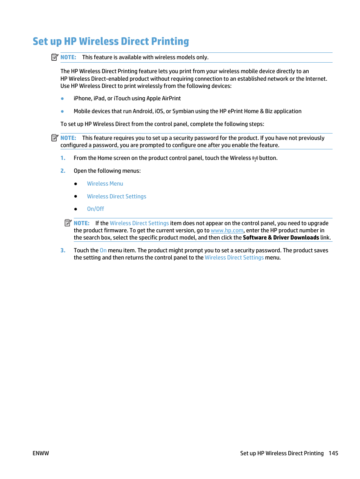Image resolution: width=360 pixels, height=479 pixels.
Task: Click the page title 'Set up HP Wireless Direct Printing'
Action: (x=111, y=41)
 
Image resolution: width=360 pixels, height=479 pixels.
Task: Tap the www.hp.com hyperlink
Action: (x=227, y=230)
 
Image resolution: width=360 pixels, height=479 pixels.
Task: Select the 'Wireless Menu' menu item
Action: (x=105, y=184)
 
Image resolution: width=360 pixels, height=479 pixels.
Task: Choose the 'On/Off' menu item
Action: (x=95, y=209)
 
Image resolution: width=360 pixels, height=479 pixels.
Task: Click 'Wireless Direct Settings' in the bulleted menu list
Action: (x=117, y=197)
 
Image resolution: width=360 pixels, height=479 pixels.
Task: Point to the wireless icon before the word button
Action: (x=255, y=158)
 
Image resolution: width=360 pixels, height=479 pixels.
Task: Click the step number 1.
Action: (x=63, y=158)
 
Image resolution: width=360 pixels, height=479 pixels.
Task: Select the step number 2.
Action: (x=63, y=171)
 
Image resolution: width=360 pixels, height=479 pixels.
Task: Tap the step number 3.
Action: (x=63, y=250)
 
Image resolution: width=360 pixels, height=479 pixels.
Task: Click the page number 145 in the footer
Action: (x=333, y=453)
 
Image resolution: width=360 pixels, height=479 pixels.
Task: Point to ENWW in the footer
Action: (x=41, y=453)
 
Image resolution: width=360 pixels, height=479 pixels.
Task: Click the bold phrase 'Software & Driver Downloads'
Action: (x=281, y=238)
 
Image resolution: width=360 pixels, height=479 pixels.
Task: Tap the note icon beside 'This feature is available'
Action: (x=55, y=57)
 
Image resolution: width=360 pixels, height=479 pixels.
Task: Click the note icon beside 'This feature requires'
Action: (x=55, y=138)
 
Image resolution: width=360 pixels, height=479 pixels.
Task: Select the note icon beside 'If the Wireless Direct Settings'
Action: (x=68, y=223)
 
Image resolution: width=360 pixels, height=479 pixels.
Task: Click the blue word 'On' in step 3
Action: (x=103, y=250)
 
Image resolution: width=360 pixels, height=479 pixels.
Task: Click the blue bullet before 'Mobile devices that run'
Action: (x=62, y=111)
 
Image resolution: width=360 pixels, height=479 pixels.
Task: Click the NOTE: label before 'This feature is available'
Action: (x=68, y=57)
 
